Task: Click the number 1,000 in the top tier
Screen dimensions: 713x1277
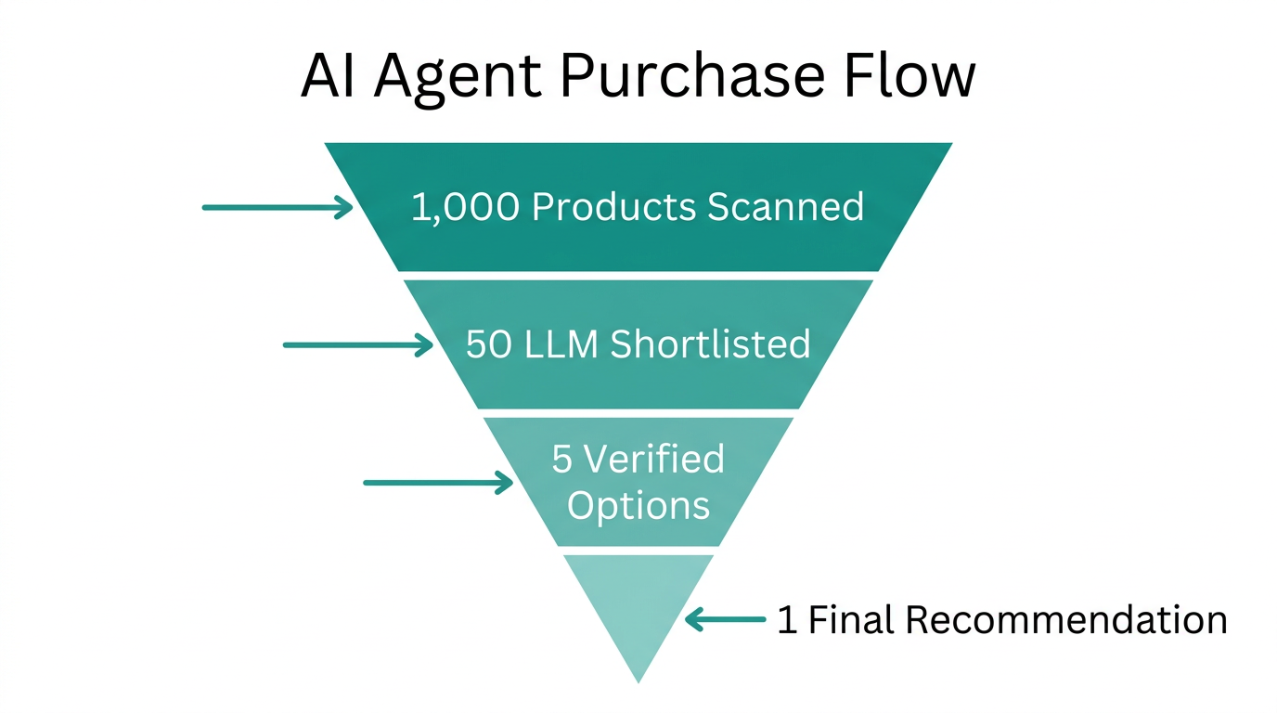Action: click(466, 207)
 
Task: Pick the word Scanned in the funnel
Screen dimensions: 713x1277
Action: click(786, 206)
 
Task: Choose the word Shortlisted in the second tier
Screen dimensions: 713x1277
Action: click(710, 344)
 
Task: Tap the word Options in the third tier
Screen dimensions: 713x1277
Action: click(638, 506)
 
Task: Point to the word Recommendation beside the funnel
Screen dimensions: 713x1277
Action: click(1066, 619)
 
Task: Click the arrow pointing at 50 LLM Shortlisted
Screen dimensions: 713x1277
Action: click(358, 345)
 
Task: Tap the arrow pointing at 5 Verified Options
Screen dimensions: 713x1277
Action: click(438, 483)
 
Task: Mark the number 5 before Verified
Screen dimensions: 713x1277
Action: click(562, 460)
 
